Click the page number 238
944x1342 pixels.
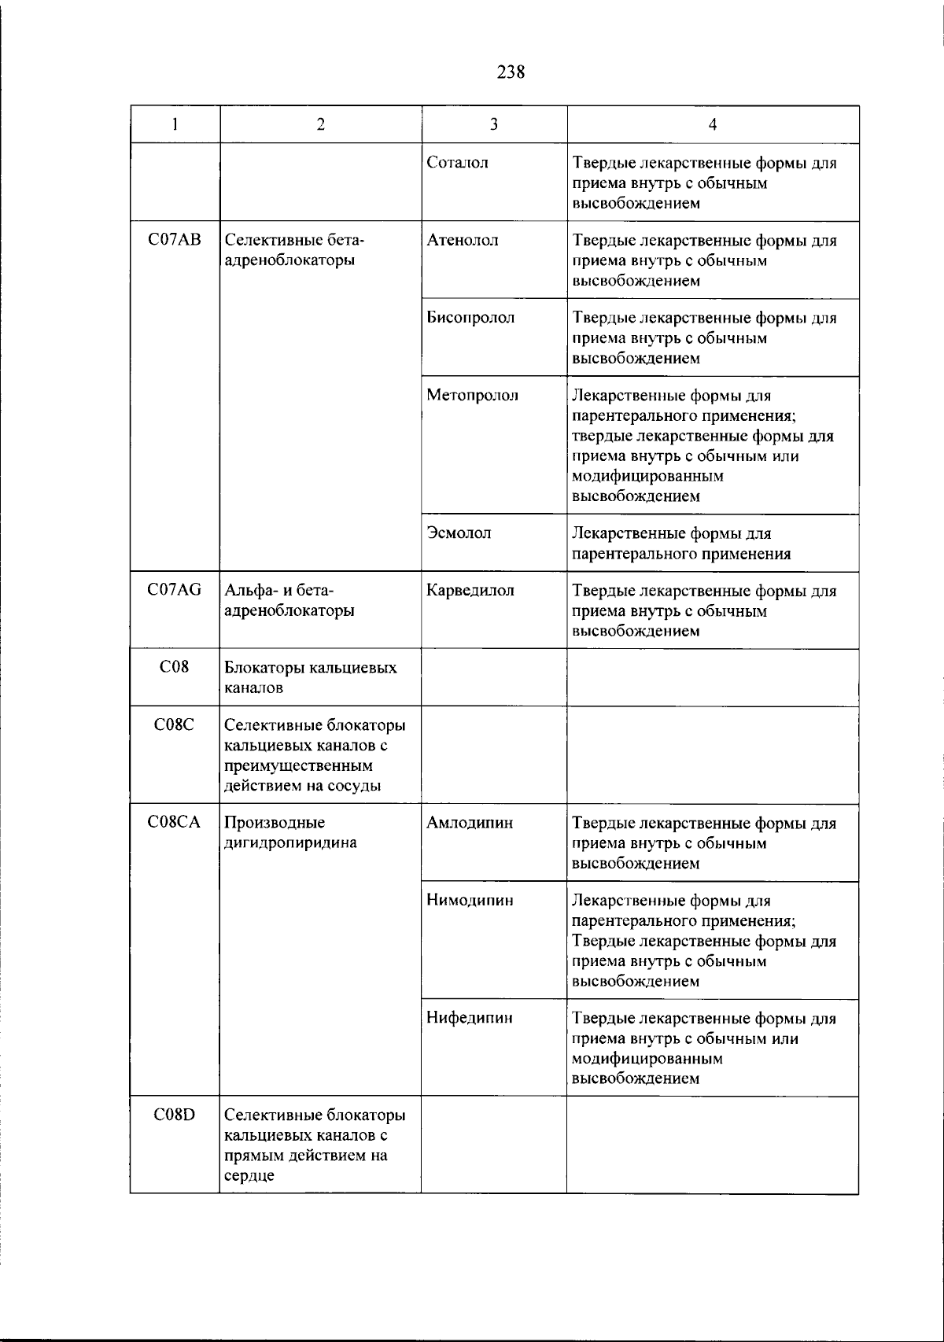click(511, 72)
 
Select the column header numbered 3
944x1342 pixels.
click(493, 124)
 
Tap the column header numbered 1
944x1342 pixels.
click(175, 124)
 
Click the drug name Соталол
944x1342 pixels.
click(457, 163)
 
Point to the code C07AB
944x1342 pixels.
click(175, 241)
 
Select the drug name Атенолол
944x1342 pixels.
click(462, 241)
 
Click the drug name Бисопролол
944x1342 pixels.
click(470, 318)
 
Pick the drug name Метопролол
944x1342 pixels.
click(472, 395)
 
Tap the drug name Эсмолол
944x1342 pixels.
click(459, 533)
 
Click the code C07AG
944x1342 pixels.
click(175, 590)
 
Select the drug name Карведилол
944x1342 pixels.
click(470, 590)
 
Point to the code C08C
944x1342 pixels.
click(175, 725)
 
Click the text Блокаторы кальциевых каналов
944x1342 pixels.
click(311, 677)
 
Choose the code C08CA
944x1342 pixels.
click(175, 823)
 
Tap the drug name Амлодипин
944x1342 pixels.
click(470, 823)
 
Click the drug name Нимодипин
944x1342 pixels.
click(470, 900)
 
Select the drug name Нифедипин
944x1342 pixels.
click(470, 1018)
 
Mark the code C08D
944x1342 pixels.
click(175, 1115)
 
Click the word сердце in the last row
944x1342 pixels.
click(249, 1176)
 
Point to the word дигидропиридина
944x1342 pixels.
click(290, 843)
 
